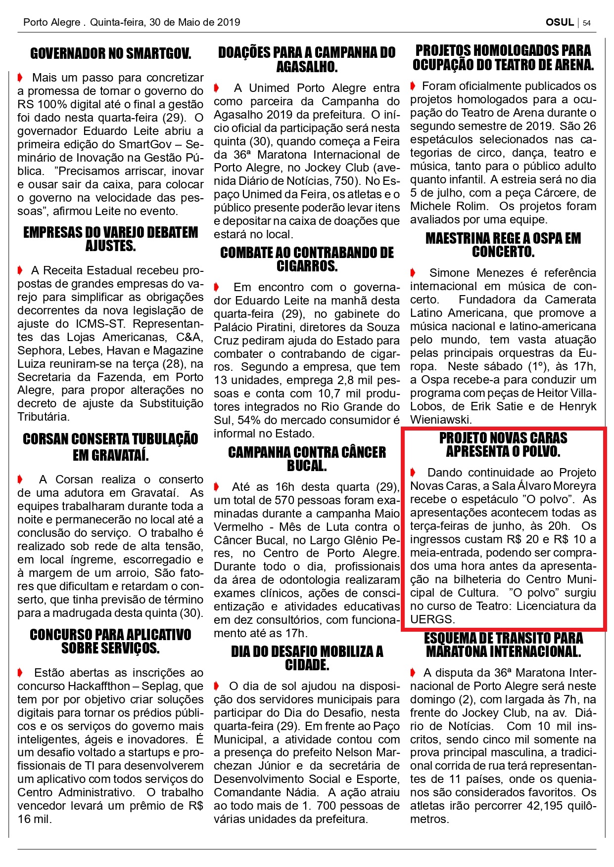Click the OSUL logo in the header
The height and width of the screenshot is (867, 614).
(560, 22)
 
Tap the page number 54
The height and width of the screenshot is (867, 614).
(587, 23)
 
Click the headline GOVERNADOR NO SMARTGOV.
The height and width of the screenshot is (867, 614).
(110, 53)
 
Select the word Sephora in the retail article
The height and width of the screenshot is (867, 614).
(37, 350)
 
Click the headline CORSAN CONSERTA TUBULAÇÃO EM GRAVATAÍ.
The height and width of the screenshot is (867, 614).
(110, 447)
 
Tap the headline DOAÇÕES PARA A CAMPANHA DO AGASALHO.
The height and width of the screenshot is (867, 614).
(307, 59)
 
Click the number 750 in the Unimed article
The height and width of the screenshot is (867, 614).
(345, 181)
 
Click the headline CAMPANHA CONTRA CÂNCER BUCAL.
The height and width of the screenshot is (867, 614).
(307, 459)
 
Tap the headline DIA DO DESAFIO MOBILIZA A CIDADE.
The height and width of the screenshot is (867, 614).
(307, 658)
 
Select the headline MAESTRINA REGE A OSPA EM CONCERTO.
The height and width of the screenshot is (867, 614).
(503, 245)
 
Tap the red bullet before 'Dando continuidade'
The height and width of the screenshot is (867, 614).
(414, 473)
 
